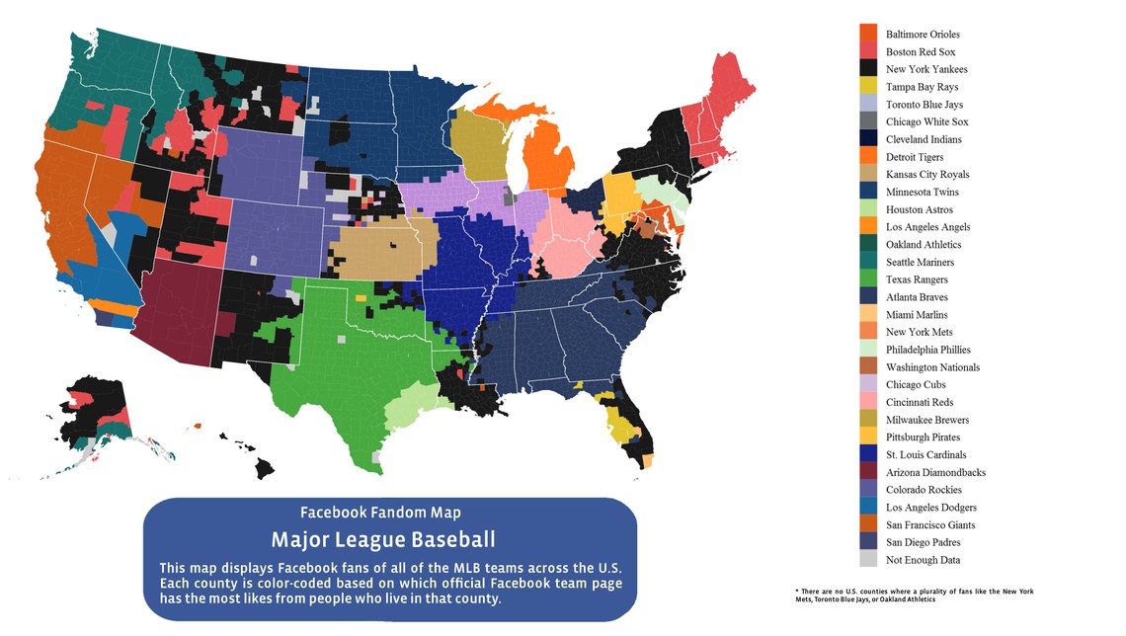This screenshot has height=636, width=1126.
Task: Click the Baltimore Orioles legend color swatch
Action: (x=868, y=35)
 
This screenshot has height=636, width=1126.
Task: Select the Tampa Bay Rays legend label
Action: (x=922, y=87)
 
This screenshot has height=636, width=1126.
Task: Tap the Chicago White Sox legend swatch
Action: (x=868, y=121)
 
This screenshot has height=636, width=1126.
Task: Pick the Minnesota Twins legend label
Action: (x=922, y=192)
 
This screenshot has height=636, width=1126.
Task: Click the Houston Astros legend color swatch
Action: (x=868, y=209)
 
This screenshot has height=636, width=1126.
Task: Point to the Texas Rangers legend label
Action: (x=917, y=279)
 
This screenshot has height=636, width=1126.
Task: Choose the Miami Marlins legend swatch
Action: (x=868, y=315)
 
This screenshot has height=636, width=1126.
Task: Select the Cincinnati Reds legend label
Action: (x=920, y=402)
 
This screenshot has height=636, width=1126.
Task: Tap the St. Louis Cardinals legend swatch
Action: (x=868, y=454)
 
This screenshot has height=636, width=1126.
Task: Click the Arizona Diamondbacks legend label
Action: (x=935, y=472)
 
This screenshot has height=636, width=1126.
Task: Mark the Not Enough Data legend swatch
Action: (x=868, y=560)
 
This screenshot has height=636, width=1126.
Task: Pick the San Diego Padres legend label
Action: (x=923, y=542)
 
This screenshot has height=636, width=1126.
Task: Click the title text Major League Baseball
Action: (x=383, y=540)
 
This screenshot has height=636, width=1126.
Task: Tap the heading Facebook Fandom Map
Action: (x=380, y=513)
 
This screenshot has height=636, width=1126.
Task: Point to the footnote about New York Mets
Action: (x=914, y=596)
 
